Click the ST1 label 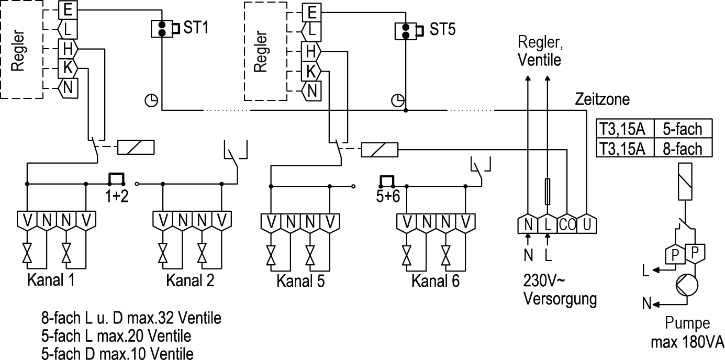[196, 27]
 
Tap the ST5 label [442, 29]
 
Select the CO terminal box [567, 224]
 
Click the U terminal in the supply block [587, 224]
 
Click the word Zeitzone [603, 99]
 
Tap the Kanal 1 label [51, 280]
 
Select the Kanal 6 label [436, 281]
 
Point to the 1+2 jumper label [117, 196]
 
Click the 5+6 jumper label [388, 196]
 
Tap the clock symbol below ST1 [151, 100]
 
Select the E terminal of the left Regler [68, 9]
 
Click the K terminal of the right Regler [311, 71]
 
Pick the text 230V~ [544, 281]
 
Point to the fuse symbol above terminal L [548, 192]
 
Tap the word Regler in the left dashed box [18, 51]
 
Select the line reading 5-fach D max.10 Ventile [117, 354]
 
